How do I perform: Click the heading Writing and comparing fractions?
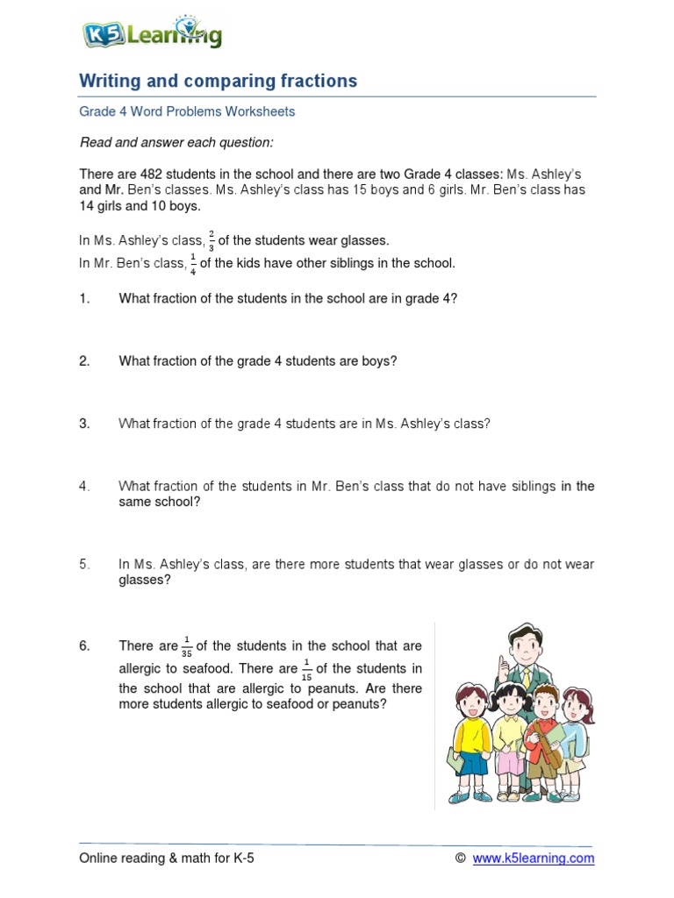(x=219, y=82)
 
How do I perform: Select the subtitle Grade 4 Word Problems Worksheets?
(x=187, y=112)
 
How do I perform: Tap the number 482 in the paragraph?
(x=153, y=174)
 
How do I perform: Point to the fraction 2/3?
(x=212, y=240)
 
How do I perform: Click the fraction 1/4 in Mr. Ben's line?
(x=193, y=264)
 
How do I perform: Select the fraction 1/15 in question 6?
(x=306, y=667)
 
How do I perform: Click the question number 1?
(x=85, y=298)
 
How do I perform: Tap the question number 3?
(x=85, y=424)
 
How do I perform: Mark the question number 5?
(x=85, y=565)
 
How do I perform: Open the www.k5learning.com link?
(x=533, y=859)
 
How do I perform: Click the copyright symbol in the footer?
(x=460, y=859)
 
